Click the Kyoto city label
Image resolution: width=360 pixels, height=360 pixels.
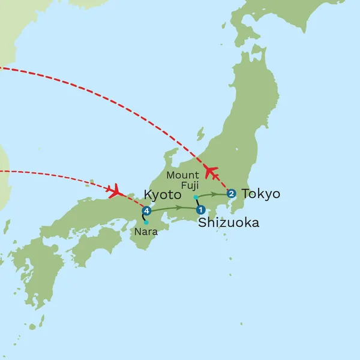[162, 195]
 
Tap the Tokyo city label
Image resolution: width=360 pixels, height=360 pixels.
[260, 194]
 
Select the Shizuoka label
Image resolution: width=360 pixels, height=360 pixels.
[229, 223]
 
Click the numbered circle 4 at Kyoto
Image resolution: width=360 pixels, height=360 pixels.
[146, 210]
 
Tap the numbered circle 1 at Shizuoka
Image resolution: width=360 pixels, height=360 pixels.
[200, 210]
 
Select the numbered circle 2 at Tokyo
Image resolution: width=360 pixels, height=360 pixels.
[232, 193]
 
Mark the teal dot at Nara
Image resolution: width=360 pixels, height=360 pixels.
[146, 222]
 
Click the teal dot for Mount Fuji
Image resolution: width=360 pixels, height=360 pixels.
[196, 197]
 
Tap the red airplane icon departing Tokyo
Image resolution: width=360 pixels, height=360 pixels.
[211, 172]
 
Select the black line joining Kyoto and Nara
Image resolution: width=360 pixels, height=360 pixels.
[143, 217]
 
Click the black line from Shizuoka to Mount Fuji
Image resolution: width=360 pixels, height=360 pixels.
[198, 203]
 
